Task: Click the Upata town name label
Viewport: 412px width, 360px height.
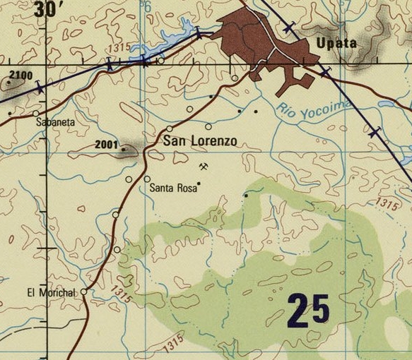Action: pos(336,44)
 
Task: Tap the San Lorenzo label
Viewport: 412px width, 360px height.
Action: pos(200,141)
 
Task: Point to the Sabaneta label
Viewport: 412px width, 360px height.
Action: pos(55,122)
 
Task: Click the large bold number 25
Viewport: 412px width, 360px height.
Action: pos(309,308)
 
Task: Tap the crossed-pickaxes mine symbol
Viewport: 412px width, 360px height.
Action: pos(204,167)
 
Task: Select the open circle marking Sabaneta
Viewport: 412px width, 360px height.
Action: pos(35,113)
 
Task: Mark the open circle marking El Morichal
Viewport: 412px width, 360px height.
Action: pos(83,292)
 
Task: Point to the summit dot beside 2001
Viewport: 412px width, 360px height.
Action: pos(124,149)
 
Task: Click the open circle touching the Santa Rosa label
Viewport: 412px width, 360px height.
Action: pos(147,179)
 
